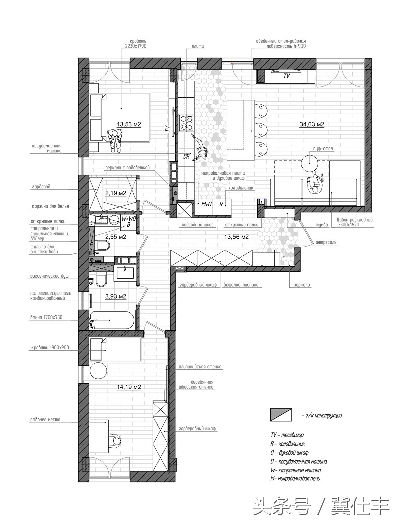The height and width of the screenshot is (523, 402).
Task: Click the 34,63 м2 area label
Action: click(x=312, y=124)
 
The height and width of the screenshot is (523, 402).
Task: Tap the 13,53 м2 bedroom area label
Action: click(x=129, y=124)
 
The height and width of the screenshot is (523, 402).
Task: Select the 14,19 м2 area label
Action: click(x=129, y=387)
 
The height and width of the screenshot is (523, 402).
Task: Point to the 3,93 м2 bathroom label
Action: click(x=116, y=296)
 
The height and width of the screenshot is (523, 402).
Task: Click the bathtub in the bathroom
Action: click(x=112, y=320)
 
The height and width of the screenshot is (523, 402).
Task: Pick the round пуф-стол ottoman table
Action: click(x=310, y=163)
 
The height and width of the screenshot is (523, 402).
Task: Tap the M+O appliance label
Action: click(x=206, y=204)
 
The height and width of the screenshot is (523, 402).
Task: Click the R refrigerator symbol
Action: click(x=221, y=204)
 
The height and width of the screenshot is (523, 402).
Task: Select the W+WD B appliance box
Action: click(x=129, y=222)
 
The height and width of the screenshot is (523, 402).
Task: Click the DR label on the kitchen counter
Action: click(x=187, y=157)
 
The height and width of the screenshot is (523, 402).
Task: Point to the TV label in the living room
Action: click(x=286, y=76)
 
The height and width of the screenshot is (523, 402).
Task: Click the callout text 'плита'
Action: click(x=198, y=46)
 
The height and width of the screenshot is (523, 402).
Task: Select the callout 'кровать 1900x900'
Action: click(x=50, y=347)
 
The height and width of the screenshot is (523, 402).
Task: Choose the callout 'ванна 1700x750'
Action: click(x=46, y=317)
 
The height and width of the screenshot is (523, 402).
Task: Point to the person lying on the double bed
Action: click(x=115, y=141)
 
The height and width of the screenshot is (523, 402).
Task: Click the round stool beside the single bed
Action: click(x=98, y=371)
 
